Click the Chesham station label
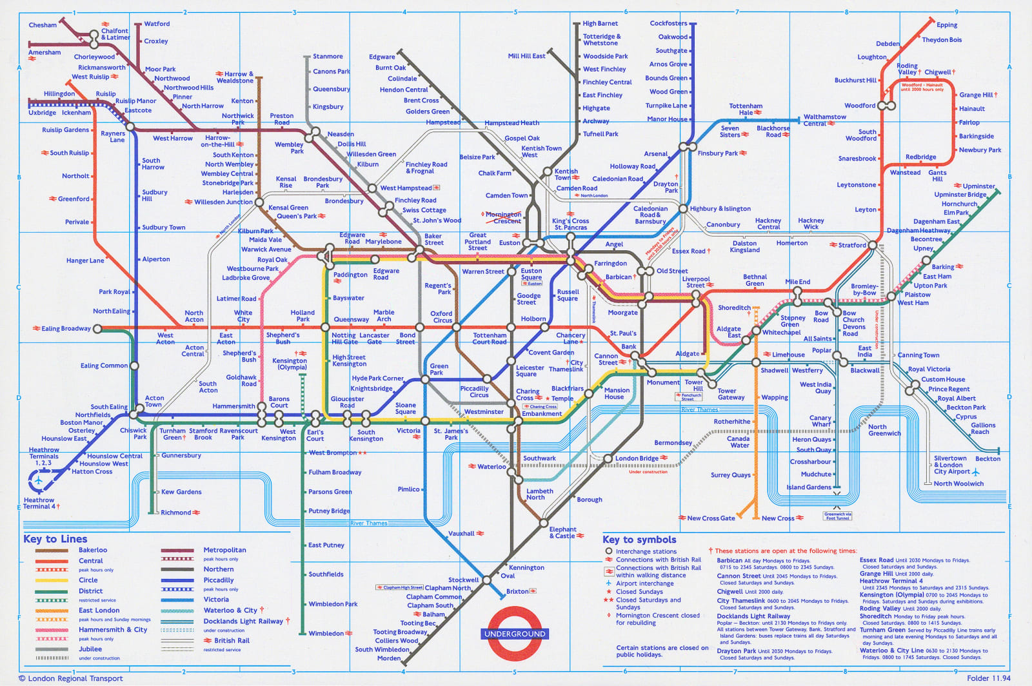tap(43, 25)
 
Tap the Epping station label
tap(947, 25)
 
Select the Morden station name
tap(389, 658)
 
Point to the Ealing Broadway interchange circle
tap(97, 329)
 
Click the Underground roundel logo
tap(515, 634)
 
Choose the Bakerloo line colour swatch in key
tap(52, 551)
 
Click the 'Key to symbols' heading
tap(639, 540)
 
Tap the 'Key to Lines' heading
tap(55, 539)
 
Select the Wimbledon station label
tap(326, 633)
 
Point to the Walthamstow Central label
tap(824, 120)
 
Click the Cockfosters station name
tap(668, 23)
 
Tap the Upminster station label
tap(978, 186)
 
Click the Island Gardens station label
tap(809, 487)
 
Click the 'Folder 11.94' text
tap(988, 678)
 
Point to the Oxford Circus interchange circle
tap(457, 328)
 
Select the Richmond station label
tap(176, 513)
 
